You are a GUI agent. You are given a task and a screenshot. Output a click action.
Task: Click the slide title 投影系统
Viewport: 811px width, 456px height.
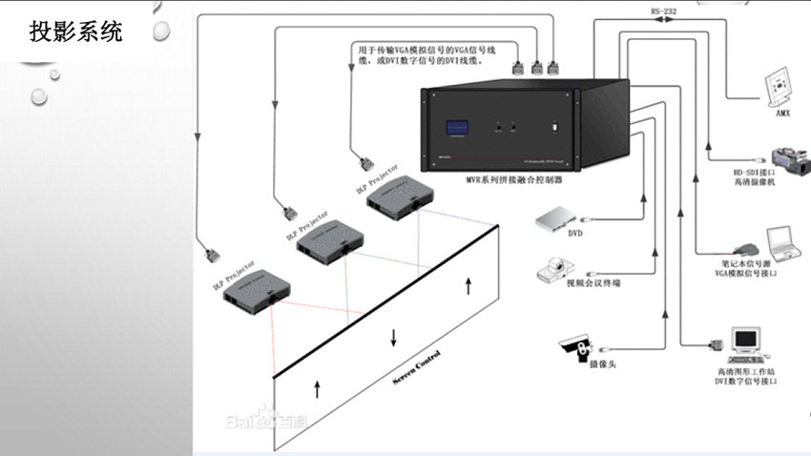[x=76, y=31]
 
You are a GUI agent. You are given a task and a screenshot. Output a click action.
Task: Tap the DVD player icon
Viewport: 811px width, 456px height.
[x=555, y=220]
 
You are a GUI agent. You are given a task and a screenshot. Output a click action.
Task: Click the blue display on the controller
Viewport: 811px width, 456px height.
[x=455, y=128]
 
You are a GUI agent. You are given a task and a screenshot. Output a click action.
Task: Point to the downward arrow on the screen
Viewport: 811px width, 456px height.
[x=393, y=338]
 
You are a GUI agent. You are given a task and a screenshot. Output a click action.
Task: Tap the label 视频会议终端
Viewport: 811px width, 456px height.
[x=593, y=282]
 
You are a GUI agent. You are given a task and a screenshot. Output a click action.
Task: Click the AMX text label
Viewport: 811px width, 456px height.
[x=782, y=113]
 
